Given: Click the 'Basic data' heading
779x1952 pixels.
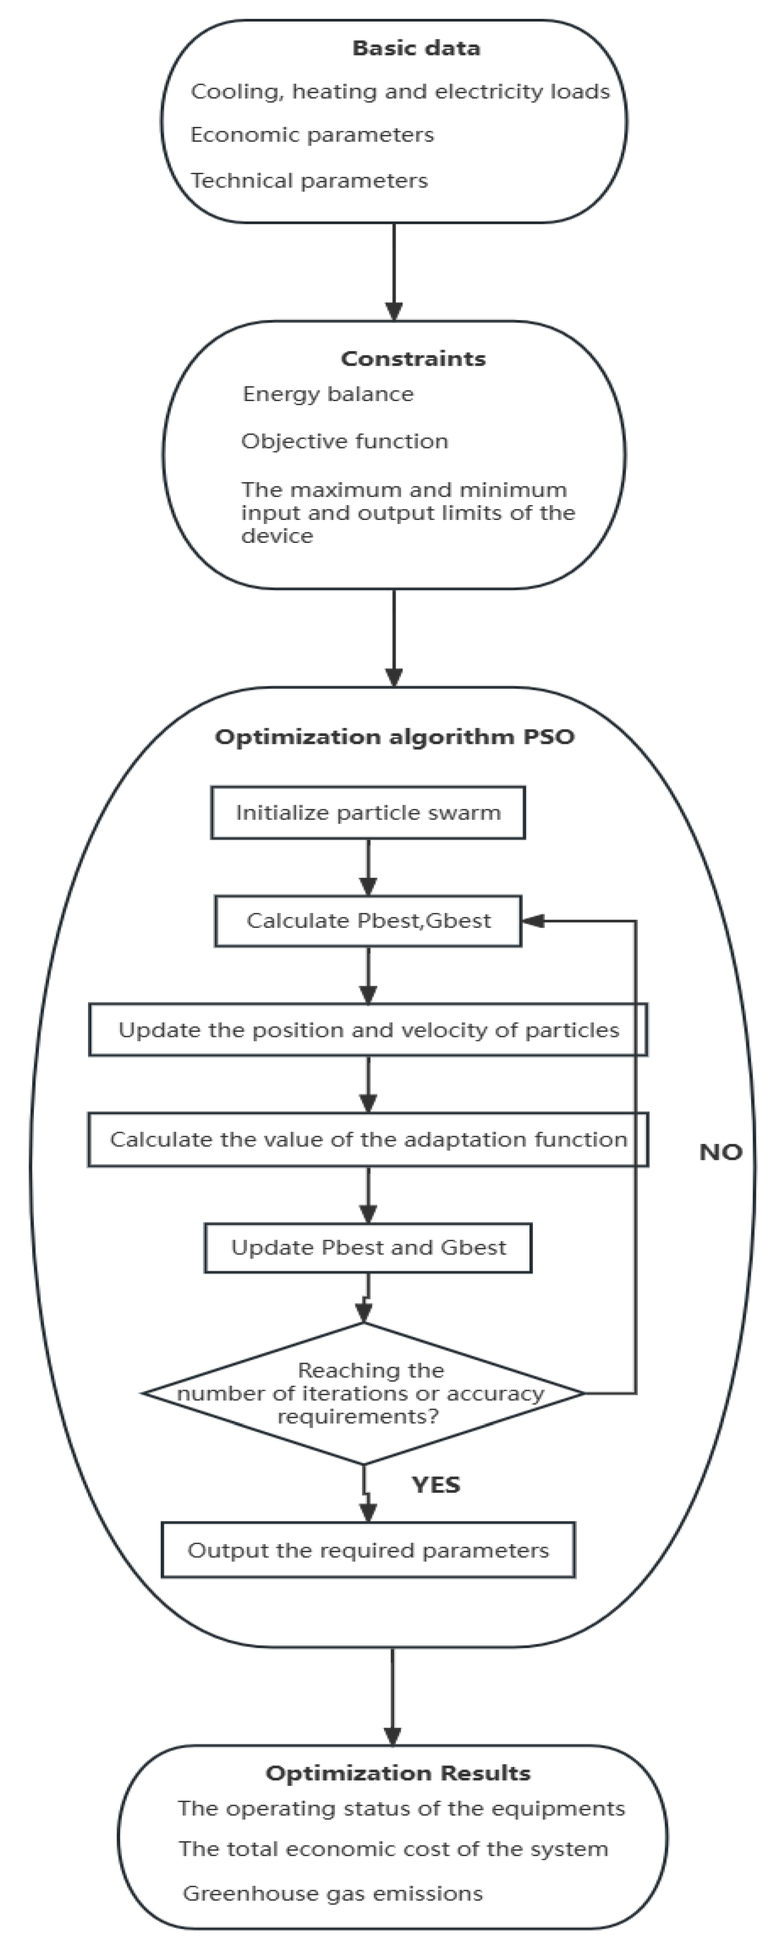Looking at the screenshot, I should pyautogui.click(x=416, y=48).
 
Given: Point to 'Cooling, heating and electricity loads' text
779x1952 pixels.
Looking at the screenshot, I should pyautogui.click(x=399, y=92).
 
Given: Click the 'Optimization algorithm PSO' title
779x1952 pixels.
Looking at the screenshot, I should pyautogui.click(x=394, y=737).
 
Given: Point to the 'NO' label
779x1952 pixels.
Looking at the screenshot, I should pyautogui.click(x=720, y=1153).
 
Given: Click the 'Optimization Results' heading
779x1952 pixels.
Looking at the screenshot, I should pyautogui.click(x=398, y=1773).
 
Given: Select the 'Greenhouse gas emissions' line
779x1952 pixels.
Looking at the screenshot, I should pyautogui.click(x=333, y=1894).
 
